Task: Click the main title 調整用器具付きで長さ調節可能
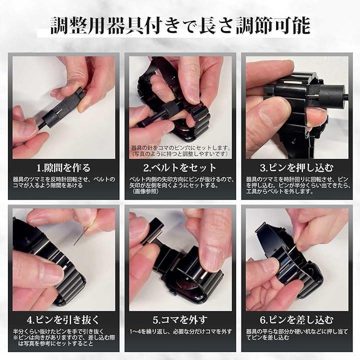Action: (x=180, y=25)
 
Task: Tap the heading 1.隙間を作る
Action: (x=63, y=168)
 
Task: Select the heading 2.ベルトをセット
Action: (x=180, y=168)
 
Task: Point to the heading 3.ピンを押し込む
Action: (x=296, y=168)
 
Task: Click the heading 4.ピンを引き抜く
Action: (x=63, y=320)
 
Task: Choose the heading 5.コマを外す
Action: (x=180, y=320)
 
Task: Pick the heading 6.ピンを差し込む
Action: (x=296, y=320)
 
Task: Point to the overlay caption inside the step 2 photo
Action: (x=180, y=150)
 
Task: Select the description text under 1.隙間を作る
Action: (x=64, y=182)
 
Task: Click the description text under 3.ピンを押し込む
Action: (x=298, y=185)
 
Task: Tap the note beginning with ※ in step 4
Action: (x=64, y=340)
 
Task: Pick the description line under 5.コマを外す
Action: (x=180, y=331)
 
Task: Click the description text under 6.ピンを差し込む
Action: (x=297, y=334)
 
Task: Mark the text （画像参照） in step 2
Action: (x=146, y=191)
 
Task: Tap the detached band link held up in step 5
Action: (x=152, y=232)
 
